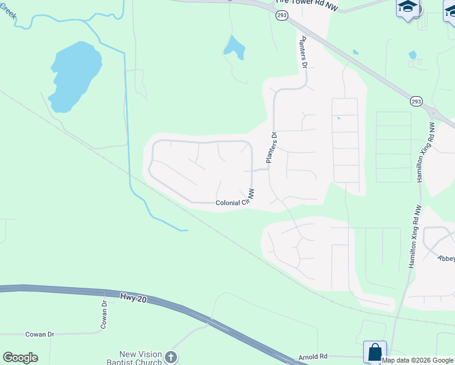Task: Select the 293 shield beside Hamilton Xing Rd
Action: (x=415, y=101)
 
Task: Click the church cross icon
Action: (x=172, y=357)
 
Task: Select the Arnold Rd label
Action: (x=313, y=356)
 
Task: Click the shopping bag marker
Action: (x=375, y=352)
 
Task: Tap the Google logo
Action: (x=20, y=358)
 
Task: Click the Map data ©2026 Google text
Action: (x=417, y=360)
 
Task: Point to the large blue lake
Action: (x=75, y=74)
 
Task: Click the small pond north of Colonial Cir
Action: (x=234, y=46)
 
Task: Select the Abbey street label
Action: (x=446, y=258)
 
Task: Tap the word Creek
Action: (x=7, y=10)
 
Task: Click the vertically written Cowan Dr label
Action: (x=105, y=315)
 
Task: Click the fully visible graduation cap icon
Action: (x=407, y=9)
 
